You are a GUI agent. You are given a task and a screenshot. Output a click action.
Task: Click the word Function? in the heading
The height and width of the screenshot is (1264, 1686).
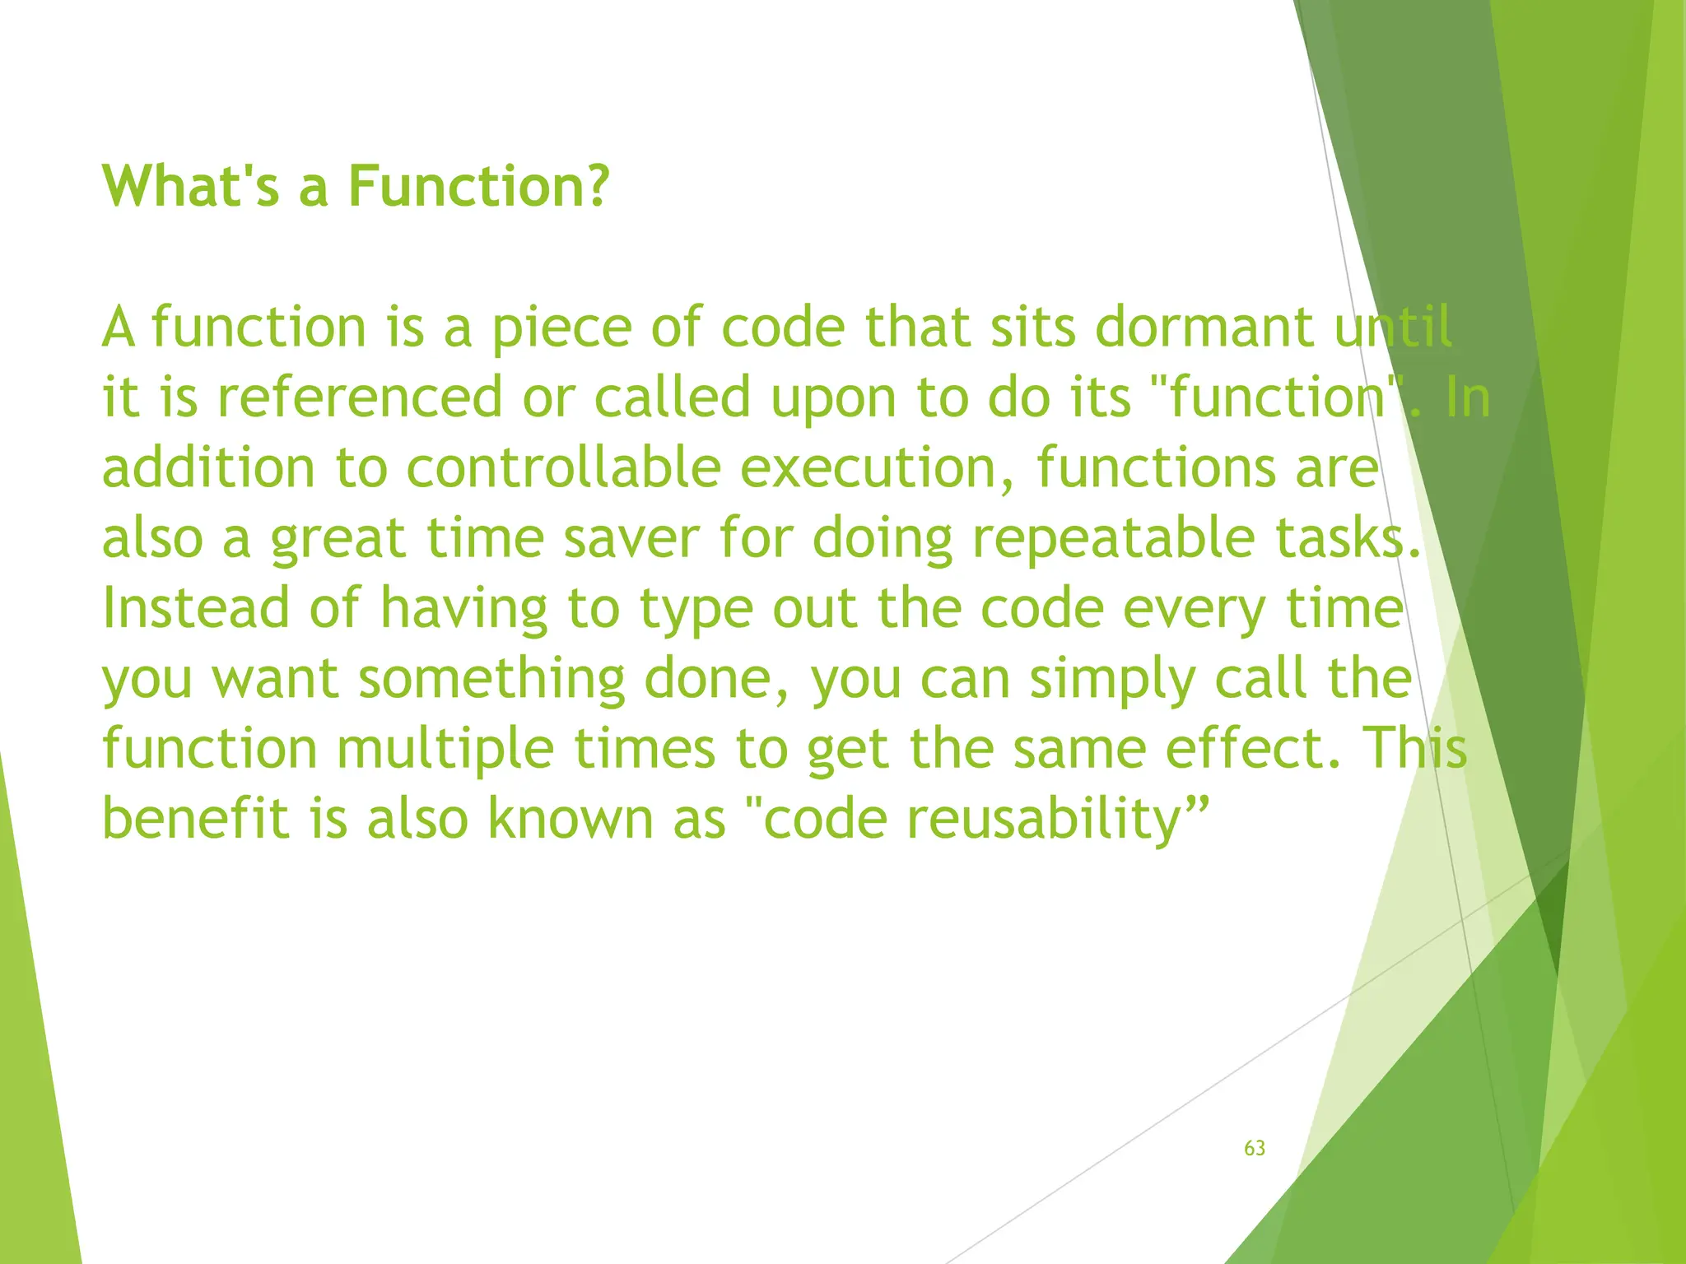(x=478, y=186)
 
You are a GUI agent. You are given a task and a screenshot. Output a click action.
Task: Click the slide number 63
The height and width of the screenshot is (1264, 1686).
(x=1254, y=1148)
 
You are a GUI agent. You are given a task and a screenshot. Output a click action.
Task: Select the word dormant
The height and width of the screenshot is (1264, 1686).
(x=1204, y=328)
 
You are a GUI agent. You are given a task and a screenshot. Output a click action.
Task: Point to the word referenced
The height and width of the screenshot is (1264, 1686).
(x=360, y=397)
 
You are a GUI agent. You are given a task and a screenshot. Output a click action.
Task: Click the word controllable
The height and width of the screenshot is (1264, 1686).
(x=564, y=467)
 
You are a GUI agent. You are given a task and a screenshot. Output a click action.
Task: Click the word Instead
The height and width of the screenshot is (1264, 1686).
(x=196, y=608)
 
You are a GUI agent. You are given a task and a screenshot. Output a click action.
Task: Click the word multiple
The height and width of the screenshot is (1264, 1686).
(x=445, y=750)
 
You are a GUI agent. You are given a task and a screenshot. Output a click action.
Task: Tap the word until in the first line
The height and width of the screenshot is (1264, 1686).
(x=1393, y=328)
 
